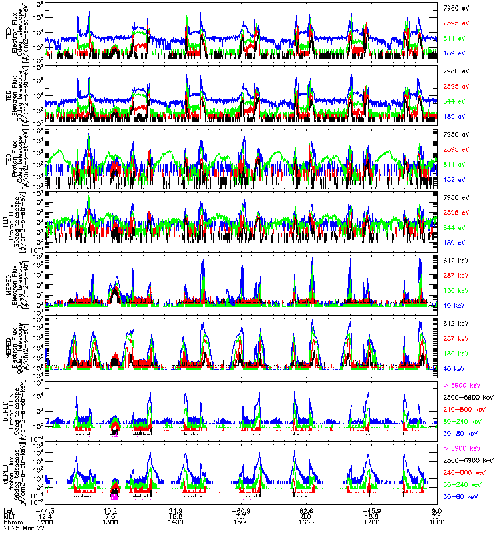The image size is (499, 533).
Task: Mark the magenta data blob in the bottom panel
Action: pos(115,496)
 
